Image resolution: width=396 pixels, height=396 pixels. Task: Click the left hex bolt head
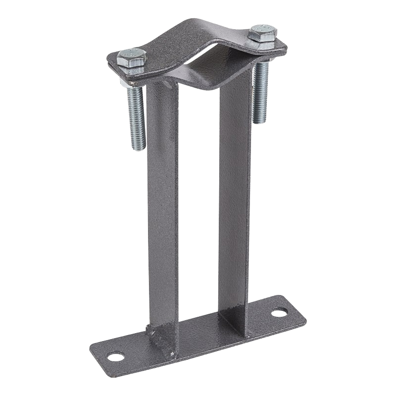click(132, 57)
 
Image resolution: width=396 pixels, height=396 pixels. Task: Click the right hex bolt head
click(263, 32)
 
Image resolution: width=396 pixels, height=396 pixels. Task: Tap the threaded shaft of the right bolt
click(260, 94)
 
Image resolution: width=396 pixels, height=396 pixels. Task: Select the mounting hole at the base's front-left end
click(115, 356)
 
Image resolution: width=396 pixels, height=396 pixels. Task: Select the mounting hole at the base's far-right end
click(279, 313)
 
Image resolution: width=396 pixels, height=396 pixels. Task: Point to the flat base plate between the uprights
click(198, 334)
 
